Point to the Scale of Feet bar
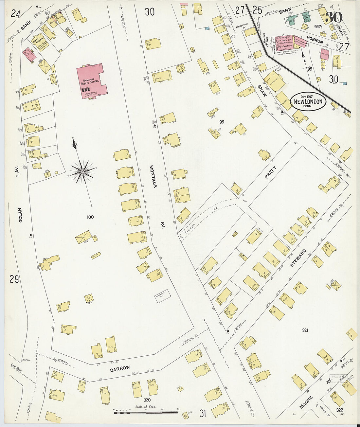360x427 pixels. point(146,412)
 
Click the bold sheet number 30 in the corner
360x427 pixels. point(334,17)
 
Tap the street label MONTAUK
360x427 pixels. point(153,177)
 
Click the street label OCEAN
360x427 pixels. point(20,215)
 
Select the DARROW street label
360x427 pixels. point(120,368)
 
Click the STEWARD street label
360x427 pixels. point(298,258)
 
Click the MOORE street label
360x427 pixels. point(306,402)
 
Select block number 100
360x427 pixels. point(90,217)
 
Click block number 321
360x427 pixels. point(305,330)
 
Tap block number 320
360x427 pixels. point(147,400)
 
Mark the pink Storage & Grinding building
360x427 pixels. point(300,42)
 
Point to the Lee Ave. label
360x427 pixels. point(16,368)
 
